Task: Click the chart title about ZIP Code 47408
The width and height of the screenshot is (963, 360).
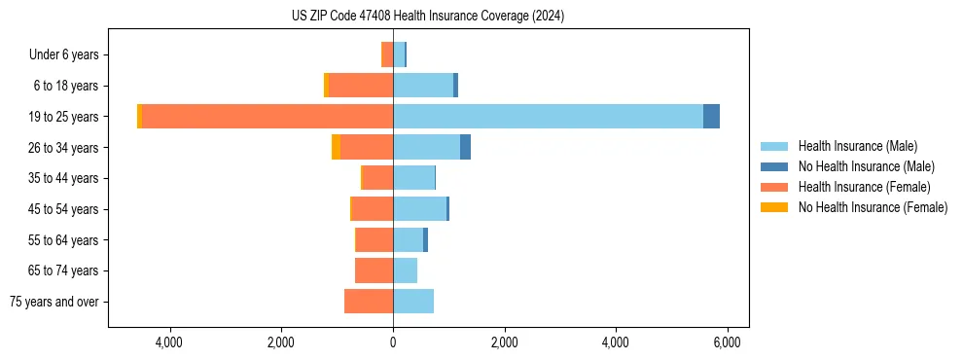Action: (x=427, y=17)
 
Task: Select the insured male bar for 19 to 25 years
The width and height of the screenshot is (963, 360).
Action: (x=548, y=117)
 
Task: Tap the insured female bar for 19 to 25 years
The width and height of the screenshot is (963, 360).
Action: (x=267, y=117)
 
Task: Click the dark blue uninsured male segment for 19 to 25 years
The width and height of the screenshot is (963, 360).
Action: (x=711, y=117)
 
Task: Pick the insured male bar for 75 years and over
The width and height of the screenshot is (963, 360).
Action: (x=413, y=302)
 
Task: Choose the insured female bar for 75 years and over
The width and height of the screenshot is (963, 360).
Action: (x=369, y=302)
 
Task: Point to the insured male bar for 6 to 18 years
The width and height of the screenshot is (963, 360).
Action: (x=423, y=86)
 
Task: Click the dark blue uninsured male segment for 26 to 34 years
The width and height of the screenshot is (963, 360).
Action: (x=465, y=147)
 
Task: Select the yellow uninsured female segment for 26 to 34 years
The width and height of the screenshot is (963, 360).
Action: (x=336, y=147)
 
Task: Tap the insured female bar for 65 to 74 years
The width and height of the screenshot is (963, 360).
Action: (x=374, y=270)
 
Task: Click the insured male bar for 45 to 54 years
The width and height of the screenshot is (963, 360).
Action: (x=419, y=209)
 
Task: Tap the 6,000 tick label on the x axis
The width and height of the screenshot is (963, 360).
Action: (x=728, y=343)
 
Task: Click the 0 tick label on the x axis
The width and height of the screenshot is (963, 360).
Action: (x=393, y=343)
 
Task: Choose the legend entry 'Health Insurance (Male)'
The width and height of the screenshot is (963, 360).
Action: (x=857, y=146)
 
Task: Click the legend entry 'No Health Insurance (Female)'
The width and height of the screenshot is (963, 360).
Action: (x=873, y=207)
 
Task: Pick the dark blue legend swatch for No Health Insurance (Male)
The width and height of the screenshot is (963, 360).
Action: (x=774, y=166)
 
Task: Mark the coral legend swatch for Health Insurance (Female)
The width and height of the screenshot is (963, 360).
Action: (x=774, y=187)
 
